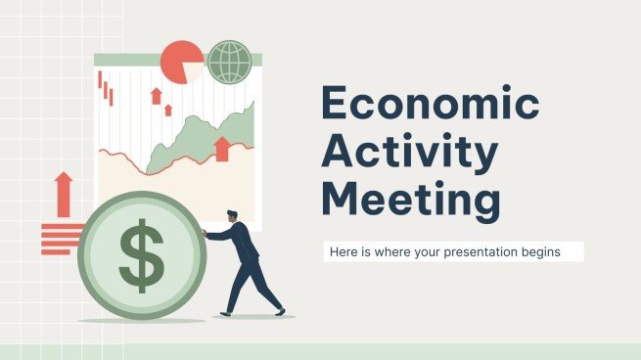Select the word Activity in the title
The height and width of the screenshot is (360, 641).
pos(409,152)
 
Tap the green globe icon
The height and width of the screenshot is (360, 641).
pos(230,62)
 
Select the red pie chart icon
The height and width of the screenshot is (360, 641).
pos(180,63)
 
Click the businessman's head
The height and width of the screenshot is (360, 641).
pos(232,216)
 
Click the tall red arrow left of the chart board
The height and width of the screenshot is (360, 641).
pos(64,194)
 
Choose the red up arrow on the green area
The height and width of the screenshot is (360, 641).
pos(222,149)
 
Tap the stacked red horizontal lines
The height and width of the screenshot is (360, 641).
pos(61,238)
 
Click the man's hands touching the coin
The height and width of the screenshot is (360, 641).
pos(205,233)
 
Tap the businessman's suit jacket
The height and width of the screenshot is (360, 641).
pos(242,241)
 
